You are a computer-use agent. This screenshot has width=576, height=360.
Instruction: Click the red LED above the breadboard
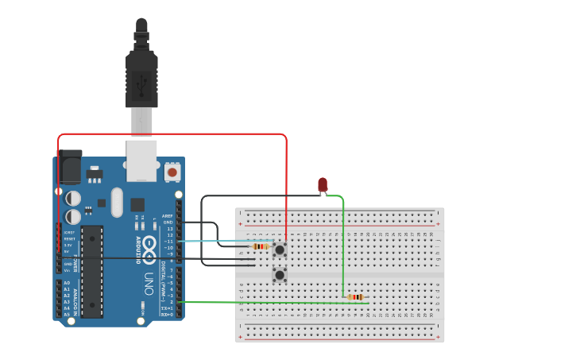tap(322, 184)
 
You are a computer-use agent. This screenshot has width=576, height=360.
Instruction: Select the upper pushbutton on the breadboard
tap(280, 250)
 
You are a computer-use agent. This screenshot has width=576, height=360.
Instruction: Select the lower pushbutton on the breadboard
tap(280, 275)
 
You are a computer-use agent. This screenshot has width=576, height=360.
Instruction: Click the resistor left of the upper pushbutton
tap(260, 246)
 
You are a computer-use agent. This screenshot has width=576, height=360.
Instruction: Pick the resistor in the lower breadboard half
tap(355, 297)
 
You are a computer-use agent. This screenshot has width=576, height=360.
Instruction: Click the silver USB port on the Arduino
tap(141, 161)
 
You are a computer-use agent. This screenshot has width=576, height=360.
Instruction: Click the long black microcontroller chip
tap(92, 271)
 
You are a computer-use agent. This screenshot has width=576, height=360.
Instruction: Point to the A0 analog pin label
tap(66, 283)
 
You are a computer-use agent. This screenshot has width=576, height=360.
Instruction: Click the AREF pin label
tap(167, 216)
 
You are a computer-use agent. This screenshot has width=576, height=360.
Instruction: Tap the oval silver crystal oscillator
tap(118, 202)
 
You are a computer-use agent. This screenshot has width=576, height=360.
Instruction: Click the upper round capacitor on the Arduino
tap(73, 198)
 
